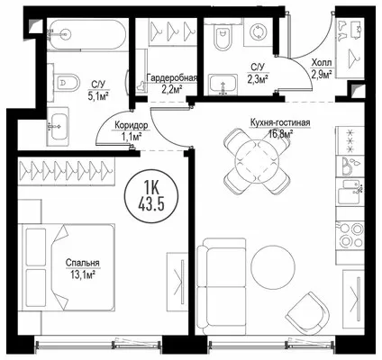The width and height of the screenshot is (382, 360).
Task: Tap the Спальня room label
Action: click(x=83, y=263)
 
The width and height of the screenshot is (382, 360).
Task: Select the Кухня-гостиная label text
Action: click(x=280, y=122)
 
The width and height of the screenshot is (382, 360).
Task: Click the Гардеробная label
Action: click(x=171, y=78)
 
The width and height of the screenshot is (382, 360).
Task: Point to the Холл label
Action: click(x=322, y=63)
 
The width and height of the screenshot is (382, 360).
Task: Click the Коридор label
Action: click(x=132, y=125)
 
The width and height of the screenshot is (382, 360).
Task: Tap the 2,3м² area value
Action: click(x=258, y=79)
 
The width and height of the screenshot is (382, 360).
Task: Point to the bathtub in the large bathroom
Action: click(x=86, y=34)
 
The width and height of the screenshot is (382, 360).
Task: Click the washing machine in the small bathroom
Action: click(x=258, y=31)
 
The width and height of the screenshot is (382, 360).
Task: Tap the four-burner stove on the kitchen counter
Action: click(x=350, y=235)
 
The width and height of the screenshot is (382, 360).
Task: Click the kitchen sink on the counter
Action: click(x=350, y=191)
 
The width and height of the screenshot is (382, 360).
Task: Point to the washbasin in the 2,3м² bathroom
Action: click(x=223, y=85)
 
